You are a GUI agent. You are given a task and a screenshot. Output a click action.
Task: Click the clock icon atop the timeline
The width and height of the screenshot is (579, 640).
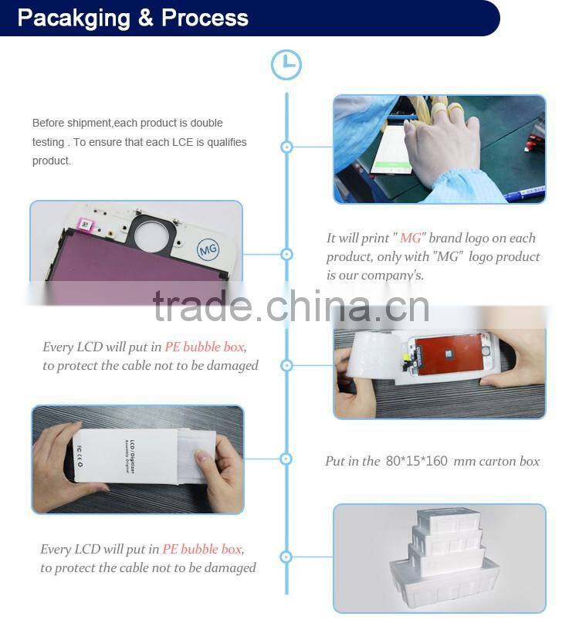pyautogui.click(x=286, y=65)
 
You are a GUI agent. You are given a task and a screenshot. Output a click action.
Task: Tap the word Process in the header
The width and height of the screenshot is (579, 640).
pyautogui.click(x=205, y=18)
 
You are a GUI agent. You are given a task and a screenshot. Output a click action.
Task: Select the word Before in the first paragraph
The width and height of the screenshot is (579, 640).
pyautogui.click(x=49, y=123)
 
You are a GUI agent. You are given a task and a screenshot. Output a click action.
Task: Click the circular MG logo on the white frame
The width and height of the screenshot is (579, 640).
pyautogui.click(x=208, y=249)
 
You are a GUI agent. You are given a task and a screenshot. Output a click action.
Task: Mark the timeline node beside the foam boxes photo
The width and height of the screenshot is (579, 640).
pyautogui.click(x=286, y=557)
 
